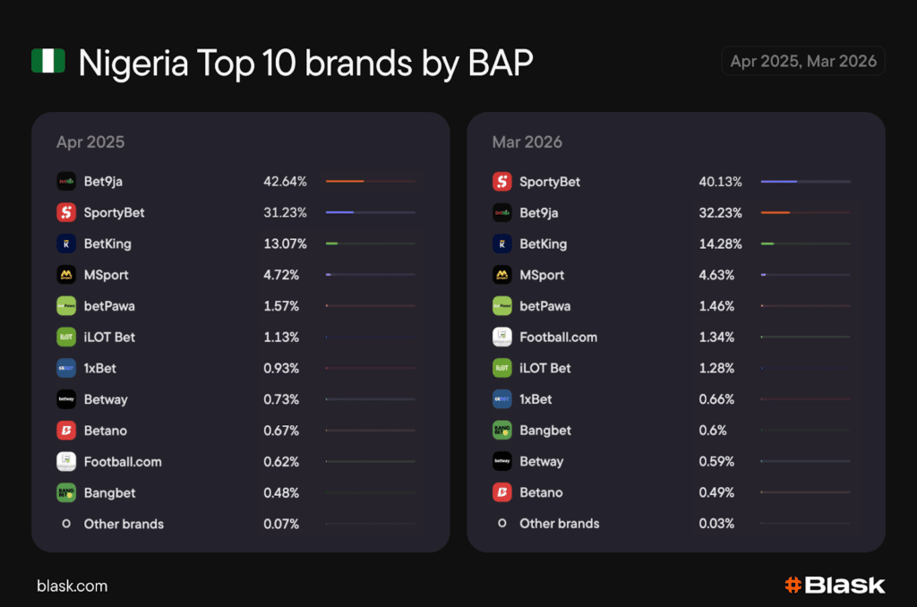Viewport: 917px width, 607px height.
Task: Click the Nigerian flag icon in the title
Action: tap(47, 61)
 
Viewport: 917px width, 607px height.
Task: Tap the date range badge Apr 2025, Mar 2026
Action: tap(803, 61)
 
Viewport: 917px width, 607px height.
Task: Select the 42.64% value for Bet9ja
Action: tap(285, 182)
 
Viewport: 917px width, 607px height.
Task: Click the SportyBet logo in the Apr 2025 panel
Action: tap(65, 213)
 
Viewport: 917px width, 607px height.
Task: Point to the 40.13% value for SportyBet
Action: tap(720, 182)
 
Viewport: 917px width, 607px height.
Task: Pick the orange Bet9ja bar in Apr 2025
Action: tap(345, 182)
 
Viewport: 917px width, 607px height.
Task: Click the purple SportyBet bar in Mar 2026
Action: tap(779, 182)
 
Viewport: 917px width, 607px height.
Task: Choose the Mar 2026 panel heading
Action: tap(527, 142)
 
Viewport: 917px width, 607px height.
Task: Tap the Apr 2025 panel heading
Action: tap(90, 142)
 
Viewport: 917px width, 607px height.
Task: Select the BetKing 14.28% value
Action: tap(720, 244)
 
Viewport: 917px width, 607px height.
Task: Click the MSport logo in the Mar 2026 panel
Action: tap(501, 275)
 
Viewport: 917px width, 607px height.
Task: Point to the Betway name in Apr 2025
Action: tap(106, 399)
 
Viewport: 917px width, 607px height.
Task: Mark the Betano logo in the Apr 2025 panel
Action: tap(65, 431)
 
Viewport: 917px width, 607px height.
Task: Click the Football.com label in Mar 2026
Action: tap(558, 338)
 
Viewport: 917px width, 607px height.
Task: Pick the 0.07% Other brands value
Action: tap(281, 524)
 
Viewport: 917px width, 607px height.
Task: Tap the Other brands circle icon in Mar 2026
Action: tap(501, 524)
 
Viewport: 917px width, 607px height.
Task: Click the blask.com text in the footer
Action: tap(72, 586)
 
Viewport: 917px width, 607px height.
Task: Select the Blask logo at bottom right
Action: tap(835, 586)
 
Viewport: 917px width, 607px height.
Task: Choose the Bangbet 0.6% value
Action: tap(712, 431)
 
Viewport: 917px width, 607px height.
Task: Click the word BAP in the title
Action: tap(494, 63)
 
